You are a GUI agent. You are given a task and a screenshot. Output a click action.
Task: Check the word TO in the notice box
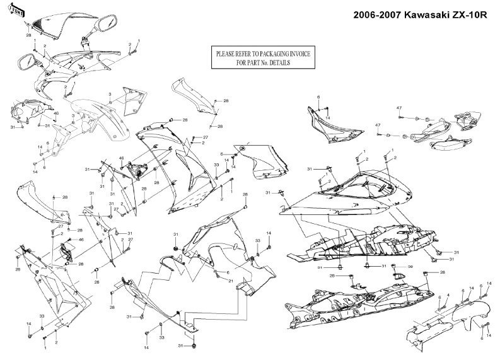tap(264, 54)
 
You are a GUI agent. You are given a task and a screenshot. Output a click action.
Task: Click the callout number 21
tap(231, 281)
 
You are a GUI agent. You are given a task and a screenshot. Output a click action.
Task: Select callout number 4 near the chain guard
tap(448, 296)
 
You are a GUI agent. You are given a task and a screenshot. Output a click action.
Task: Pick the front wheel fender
tap(101, 120)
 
